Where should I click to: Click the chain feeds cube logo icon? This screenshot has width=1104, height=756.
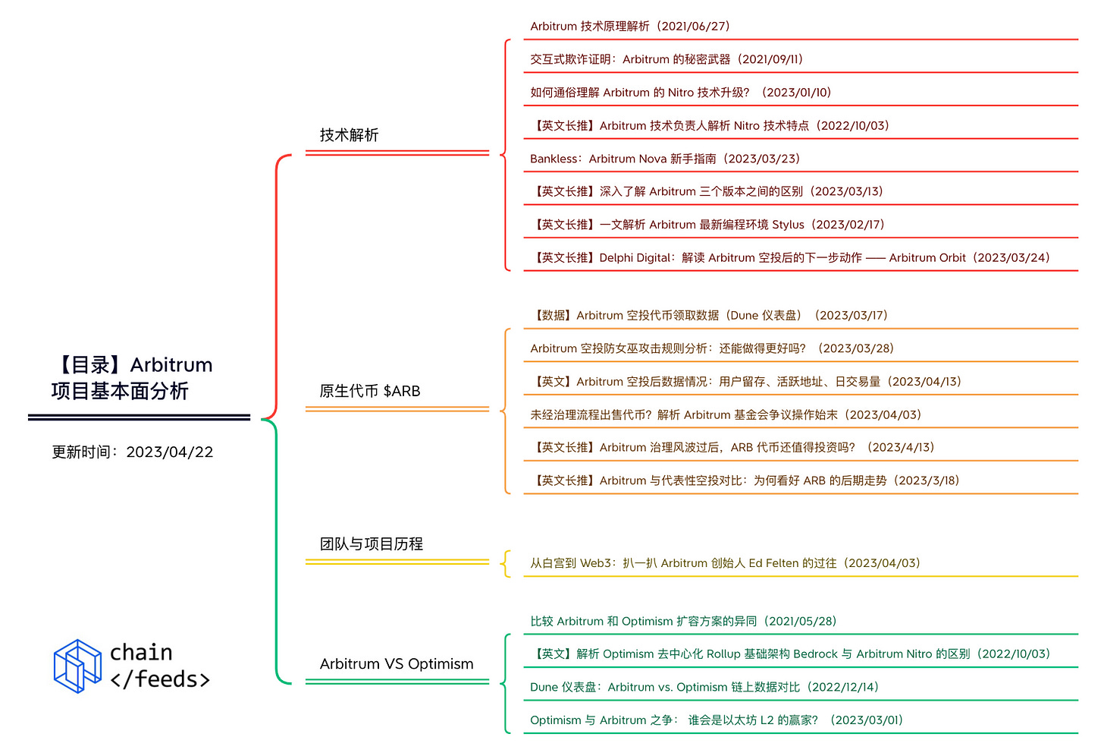[x=77, y=666]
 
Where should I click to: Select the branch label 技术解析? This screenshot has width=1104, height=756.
[x=349, y=135]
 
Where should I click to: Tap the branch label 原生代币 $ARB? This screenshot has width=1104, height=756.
[x=369, y=391]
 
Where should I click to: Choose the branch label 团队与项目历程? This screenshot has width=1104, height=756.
[x=371, y=543]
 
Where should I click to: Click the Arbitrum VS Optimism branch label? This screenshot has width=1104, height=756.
[x=396, y=664]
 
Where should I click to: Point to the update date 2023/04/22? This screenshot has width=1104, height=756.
[x=170, y=452]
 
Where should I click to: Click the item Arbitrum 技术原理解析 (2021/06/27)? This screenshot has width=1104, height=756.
[x=629, y=27]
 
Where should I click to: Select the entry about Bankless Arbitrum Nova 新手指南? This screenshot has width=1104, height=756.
[x=664, y=159]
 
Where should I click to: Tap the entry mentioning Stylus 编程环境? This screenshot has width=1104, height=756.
[x=710, y=225]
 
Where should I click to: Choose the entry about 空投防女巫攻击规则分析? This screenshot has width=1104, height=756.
[x=711, y=348]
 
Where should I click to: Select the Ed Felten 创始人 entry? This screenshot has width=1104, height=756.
[x=724, y=563]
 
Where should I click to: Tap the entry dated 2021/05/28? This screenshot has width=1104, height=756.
[x=682, y=622]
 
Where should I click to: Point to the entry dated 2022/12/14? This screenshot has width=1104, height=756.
[x=704, y=688]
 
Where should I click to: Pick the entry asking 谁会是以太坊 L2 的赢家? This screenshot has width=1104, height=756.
[x=716, y=720]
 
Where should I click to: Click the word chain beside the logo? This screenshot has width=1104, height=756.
[x=141, y=653]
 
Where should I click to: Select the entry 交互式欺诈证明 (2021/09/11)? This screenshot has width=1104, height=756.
[x=666, y=59]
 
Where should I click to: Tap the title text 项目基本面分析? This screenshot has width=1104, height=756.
[x=120, y=392]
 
